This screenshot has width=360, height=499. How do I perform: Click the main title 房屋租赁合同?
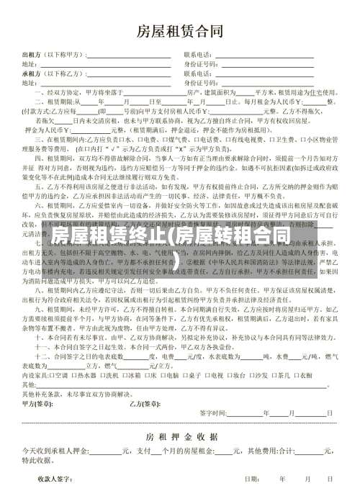pyautogui.click(x=180, y=31)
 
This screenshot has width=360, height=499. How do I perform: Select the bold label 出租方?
pyautogui.click(x=32, y=55)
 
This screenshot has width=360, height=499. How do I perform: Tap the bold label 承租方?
pyautogui.click(x=32, y=73)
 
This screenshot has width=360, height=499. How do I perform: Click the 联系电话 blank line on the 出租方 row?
pyautogui.click(x=245, y=55)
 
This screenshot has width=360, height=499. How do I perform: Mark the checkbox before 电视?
pyautogui.click(x=207, y=376)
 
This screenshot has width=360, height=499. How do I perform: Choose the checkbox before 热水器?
pyautogui.click(x=73, y=376)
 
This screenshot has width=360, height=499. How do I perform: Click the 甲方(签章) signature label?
pyautogui.click(x=41, y=404)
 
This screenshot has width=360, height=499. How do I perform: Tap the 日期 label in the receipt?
pyautogui.click(x=251, y=479)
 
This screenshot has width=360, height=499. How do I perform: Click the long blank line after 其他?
pyautogui.click(x=180, y=385)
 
